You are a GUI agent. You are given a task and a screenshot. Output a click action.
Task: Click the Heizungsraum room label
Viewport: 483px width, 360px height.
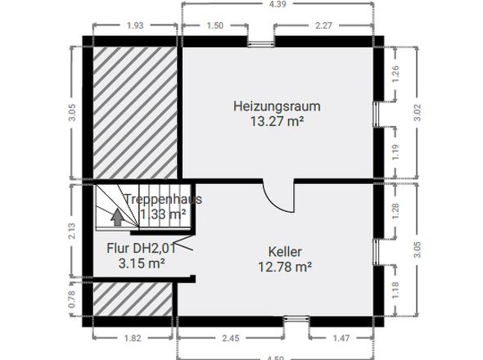pos(276,106)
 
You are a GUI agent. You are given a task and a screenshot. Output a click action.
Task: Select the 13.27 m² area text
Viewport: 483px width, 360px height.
pos(277,121)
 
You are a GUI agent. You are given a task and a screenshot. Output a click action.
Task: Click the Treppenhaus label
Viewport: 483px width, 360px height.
pos(163,199)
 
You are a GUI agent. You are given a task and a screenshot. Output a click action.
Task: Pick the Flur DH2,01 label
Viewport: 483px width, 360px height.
pos(142,249)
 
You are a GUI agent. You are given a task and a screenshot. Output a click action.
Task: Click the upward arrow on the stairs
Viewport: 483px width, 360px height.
pos(117,217)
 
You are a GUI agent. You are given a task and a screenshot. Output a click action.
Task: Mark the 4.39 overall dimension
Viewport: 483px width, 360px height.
pos(278,5)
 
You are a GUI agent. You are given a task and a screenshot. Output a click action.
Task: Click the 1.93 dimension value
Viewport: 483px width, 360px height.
pos(135,25)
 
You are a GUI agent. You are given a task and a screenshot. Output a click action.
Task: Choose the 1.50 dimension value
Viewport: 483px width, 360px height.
pos(214,25)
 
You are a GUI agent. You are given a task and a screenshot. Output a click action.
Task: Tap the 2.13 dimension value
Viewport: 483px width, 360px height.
pos(73,231)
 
